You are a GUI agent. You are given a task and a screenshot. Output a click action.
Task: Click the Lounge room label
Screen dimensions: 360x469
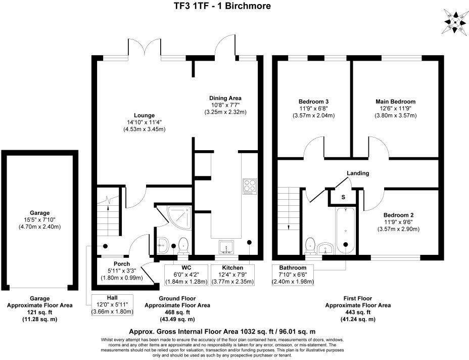tap(145, 115)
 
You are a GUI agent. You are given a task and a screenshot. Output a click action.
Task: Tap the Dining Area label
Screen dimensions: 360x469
tap(225, 98)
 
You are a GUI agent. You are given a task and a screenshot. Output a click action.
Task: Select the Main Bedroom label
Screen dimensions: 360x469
tap(395, 102)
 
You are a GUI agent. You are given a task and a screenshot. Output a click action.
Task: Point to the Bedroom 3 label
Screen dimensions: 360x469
tap(314, 102)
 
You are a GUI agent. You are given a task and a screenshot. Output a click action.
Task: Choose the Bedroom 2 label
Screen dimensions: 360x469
tap(398, 215)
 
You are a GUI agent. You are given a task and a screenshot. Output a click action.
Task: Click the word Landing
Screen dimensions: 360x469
tap(358, 173)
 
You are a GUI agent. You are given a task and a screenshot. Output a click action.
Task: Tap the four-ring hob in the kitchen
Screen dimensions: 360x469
tap(250, 186)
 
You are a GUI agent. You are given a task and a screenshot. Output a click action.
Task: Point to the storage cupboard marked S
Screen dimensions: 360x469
tap(343, 197)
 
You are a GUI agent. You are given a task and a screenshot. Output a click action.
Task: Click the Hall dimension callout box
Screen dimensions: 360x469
tap(112, 305)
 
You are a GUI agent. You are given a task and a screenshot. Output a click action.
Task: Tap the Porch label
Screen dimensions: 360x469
tap(122, 264)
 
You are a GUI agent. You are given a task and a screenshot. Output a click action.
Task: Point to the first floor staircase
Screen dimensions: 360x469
tap(288, 207)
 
